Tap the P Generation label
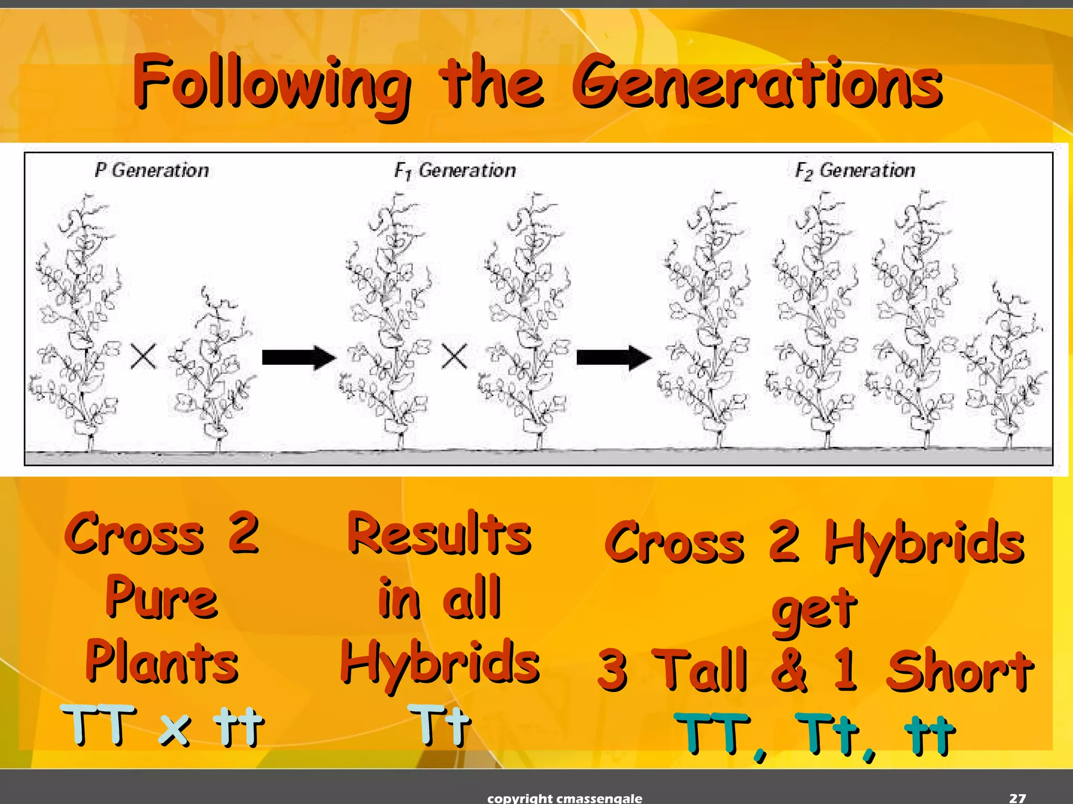pos(151,170)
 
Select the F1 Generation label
pos(455,170)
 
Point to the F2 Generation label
pos(855,170)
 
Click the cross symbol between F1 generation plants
pos(454,357)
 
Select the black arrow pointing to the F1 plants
pos(299,358)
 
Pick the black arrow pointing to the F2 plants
pos(614,358)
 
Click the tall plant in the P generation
pos(76,325)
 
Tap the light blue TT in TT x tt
pos(98,725)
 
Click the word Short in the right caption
pos(959,670)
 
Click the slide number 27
pos(1017,798)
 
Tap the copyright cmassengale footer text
pos(564,798)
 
